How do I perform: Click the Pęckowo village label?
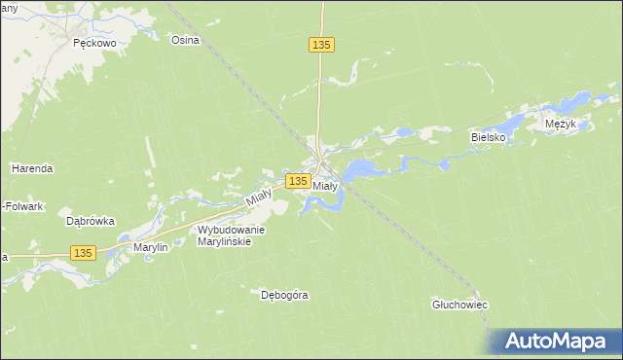95,44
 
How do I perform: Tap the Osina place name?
185,40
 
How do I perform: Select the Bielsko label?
490,137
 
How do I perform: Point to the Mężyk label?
562,125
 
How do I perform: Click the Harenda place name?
32,168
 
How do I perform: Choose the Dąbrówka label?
90,221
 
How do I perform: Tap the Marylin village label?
151,247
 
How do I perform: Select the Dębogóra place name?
284,294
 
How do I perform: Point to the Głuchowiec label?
459,305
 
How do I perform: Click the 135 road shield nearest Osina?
322,46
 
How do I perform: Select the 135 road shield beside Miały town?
298,181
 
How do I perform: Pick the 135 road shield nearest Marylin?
83,253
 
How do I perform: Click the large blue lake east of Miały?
359,169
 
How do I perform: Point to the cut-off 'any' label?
10,8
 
